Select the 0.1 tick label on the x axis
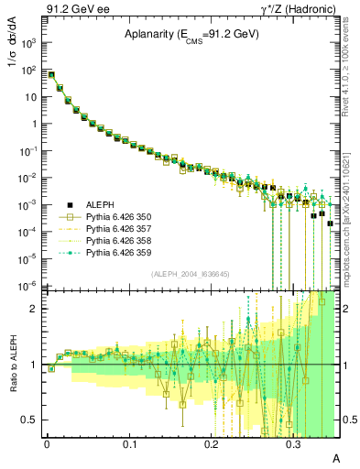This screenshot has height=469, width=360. [129, 442]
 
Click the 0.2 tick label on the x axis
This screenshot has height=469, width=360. [211, 442]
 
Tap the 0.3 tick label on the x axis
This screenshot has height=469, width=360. [293, 442]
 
